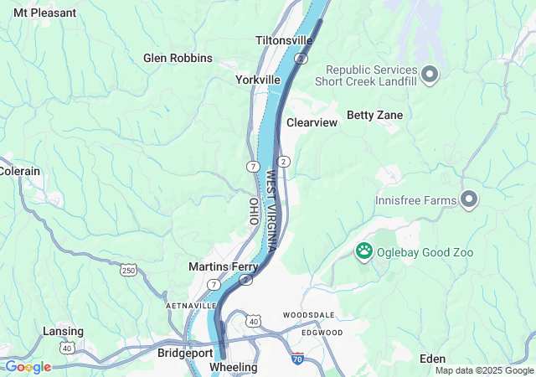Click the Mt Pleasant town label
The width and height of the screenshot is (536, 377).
(x=44, y=13)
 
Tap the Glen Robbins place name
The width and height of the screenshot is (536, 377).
(x=178, y=58)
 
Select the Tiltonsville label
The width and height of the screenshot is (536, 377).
(x=284, y=40)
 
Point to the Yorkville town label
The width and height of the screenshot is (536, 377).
(x=257, y=80)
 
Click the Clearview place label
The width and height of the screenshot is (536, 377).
(x=312, y=122)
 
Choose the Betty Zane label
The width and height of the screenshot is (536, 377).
(x=374, y=115)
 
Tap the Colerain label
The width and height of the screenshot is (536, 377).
(x=20, y=171)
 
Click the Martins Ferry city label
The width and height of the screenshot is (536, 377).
(x=222, y=266)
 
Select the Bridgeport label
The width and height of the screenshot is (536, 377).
(x=185, y=354)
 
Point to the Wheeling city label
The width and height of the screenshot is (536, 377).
(x=233, y=368)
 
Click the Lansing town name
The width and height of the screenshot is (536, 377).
(x=63, y=331)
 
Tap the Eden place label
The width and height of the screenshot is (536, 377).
(x=432, y=359)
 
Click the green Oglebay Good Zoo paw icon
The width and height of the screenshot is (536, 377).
(x=364, y=250)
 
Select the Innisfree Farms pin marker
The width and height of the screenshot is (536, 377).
(x=469, y=200)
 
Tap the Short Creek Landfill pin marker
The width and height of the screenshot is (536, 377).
(x=430, y=75)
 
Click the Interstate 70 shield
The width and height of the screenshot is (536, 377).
(x=298, y=359)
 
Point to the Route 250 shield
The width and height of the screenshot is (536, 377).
(x=128, y=270)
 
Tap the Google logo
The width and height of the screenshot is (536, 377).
(x=27, y=367)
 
